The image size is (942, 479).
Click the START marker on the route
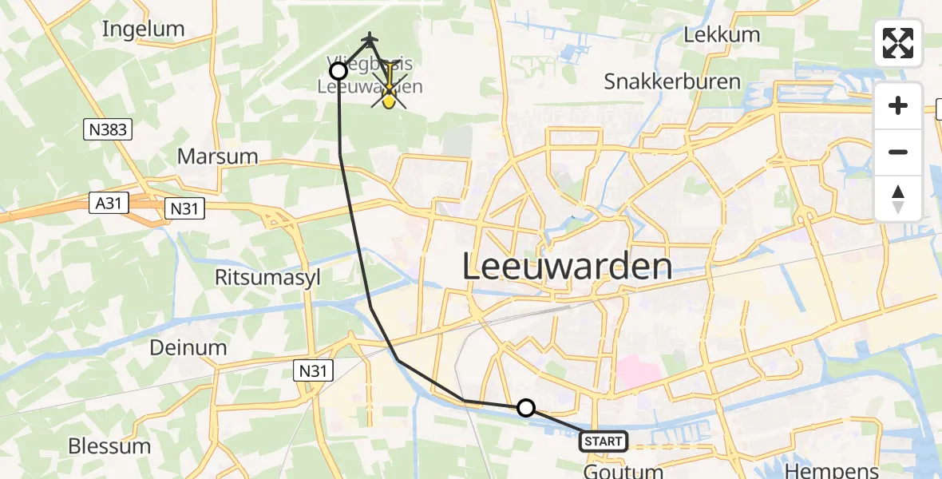coord(604,441)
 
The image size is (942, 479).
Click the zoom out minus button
coord(898,152)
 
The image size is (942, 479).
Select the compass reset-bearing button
coord(898,199)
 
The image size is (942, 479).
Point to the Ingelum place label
coord(144,29)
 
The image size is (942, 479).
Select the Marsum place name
coord(218,156)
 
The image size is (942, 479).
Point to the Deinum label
coord(188,348)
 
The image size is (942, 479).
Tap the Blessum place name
coord(109,445)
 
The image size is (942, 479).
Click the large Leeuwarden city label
coord(567,267)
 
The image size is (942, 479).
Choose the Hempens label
coord(833,470)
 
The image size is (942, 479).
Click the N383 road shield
coord(108,128)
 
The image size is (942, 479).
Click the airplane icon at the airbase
coord(370,38)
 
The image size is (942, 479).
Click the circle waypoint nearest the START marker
coord(525,408)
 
